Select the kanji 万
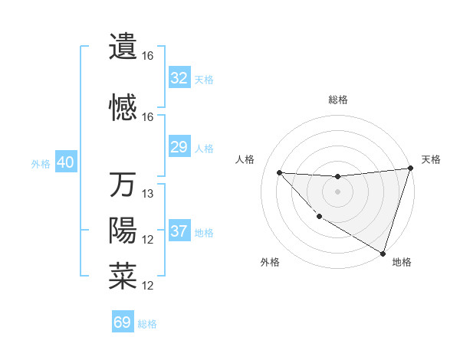point(123,185)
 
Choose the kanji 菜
point(123,276)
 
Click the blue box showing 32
point(179,78)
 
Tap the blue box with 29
point(179,147)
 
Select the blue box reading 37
point(179,231)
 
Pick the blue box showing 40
point(65,163)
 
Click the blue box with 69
point(123,322)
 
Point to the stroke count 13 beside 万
point(149,194)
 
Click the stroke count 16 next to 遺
point(147,56)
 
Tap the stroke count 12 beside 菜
point(149,286)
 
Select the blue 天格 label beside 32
point(204,79)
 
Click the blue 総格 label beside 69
point(147,323)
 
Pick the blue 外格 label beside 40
point(41,164)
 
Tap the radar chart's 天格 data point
point(410,169)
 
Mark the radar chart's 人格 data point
point(279,172)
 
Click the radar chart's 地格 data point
point(383,253)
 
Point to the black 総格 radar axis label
point(337,100)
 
